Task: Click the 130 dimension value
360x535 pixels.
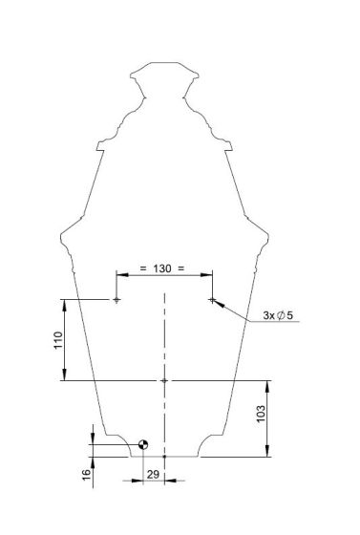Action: point(162,268)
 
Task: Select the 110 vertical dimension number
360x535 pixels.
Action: point(58,340)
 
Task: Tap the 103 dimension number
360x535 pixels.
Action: point(261,414)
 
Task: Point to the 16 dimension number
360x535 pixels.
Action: point(87,474)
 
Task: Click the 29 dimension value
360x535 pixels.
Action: point(153,474)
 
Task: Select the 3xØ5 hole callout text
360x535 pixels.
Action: point(278,315)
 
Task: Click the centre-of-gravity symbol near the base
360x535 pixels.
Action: point(143,444)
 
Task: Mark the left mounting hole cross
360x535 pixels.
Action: point(116,300)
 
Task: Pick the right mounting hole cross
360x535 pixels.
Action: point(212,300)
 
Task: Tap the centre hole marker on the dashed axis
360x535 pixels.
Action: point(164,380)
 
